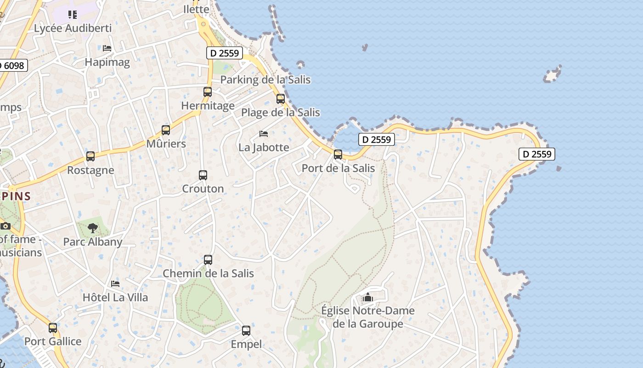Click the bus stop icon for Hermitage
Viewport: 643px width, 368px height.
pos(208,92)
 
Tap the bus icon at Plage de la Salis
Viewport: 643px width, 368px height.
pos(281,99)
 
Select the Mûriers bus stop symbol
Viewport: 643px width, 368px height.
pos(166,130)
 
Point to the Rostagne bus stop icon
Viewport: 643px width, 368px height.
pos(90,156)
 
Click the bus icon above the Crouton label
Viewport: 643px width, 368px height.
pos(203,175)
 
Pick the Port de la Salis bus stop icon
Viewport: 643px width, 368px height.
pos(338,155)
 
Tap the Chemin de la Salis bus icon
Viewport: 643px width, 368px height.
pos(208,260)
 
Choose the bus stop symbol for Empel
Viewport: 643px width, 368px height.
pos(246,331)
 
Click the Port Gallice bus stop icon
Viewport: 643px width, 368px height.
pos(53,328)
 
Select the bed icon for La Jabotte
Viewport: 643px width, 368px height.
pos(264,134)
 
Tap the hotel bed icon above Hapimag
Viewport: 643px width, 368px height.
pos(107,48)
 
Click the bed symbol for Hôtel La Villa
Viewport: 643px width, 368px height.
pos(115,284)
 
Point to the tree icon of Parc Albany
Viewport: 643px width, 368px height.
pos(93,228)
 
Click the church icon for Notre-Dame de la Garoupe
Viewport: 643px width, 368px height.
pos(367,298)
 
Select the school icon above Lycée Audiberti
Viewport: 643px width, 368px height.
pos(73,15)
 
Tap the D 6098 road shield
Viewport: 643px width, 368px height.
pos(13,65)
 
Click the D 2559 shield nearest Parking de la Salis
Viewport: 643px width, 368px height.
pos(224,53)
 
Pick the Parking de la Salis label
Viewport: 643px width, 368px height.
pos(265,80)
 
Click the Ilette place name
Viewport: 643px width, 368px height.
pos(196,9)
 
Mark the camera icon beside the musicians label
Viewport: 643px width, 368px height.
pos(6,226)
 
